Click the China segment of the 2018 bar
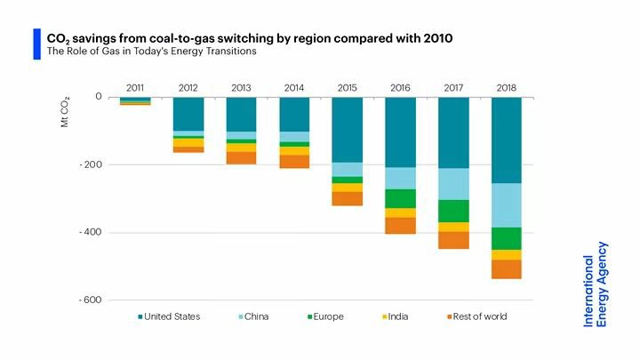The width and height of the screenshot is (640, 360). [507, 205]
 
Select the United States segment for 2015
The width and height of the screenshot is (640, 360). [348, 130]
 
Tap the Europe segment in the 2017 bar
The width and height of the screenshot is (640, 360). [453, 211]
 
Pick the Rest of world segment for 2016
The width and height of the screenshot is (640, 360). [400, 226]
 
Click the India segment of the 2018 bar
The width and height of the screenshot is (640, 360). [507, 254]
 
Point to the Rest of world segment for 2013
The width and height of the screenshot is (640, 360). [241, 157]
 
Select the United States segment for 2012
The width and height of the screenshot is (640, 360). [188, 114]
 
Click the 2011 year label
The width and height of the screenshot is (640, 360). [135, 87]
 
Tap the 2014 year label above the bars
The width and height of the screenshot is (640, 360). [294, 87]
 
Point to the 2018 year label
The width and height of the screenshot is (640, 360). [507, 87]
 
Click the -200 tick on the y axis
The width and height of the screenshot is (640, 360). [92, 164]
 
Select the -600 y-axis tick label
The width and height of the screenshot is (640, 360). [92, 300]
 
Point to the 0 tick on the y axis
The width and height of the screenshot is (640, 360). [99, 96]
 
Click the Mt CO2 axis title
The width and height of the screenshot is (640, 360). [65, 113]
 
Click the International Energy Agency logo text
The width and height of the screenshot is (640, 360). [595, 284]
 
